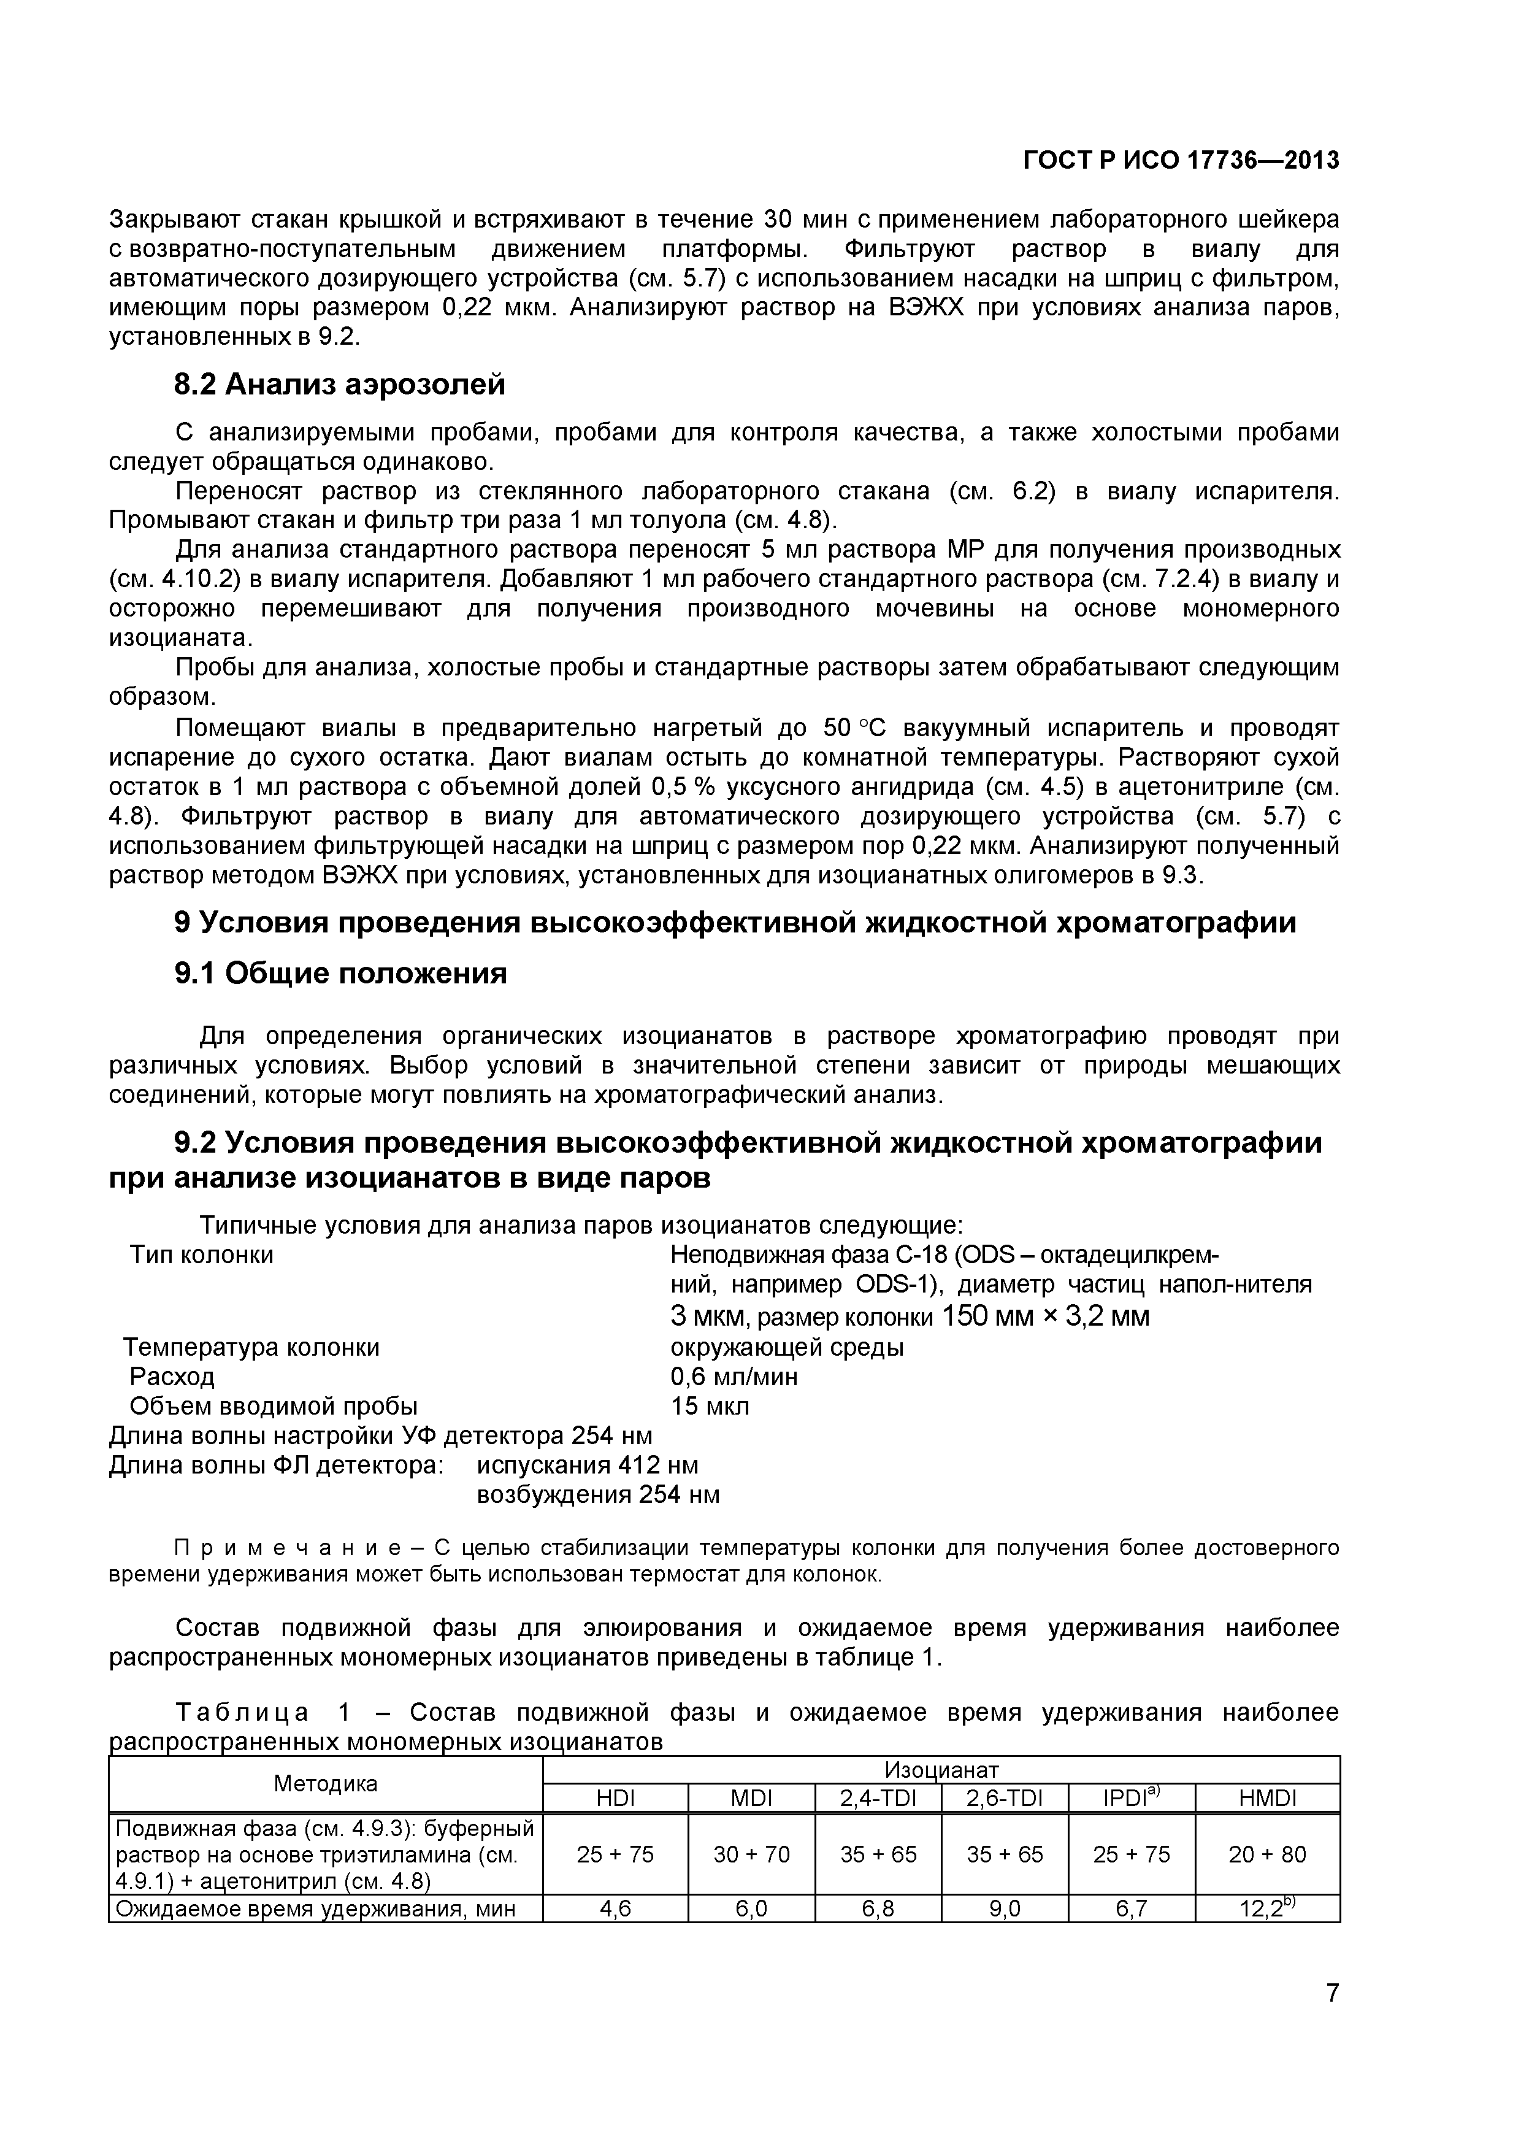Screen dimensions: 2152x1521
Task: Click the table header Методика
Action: [325, 1784]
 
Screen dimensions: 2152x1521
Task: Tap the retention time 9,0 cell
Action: [1004, 1908]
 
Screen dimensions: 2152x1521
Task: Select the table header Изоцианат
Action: [941, 1770]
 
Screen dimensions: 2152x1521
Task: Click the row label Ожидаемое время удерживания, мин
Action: [316, 1908]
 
